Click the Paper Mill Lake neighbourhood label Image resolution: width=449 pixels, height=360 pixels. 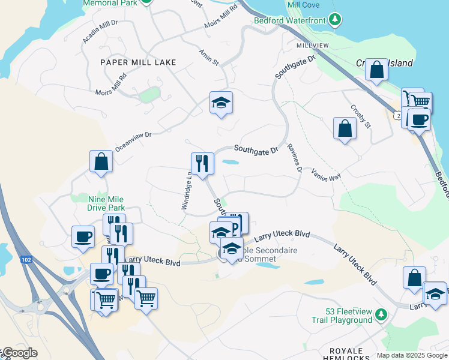pyautogui.click(x=138, y=62)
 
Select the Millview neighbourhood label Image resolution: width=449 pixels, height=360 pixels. pyautogui.click(x=312, y=46)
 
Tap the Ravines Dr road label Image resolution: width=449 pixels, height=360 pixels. pyautogui.click(x=294, y=157)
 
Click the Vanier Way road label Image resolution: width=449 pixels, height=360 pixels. pyautogui.click(x=326, y=174)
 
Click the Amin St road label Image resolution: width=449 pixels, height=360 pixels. pyautogui.click(x=209, y=58)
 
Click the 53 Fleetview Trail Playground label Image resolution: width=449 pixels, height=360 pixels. pyautogui.click(x=349, y=316)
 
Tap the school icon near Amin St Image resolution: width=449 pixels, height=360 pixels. pyautogui.click(x=221, y=103)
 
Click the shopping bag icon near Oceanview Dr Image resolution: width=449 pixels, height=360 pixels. pyautogui.click(x=101, y=161)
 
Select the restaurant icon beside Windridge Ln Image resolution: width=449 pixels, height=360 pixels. pyautogui.click(x=202, y=164)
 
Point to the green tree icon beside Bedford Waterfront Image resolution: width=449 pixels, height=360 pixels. pyautogui.click(x=336, y=20)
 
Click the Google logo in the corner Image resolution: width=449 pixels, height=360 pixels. pyautogui.click(x=20, y=353)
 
